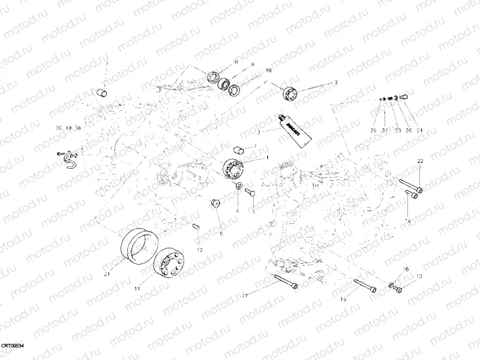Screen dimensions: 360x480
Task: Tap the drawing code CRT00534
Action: (13, 347)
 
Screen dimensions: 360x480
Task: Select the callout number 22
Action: (420, 160)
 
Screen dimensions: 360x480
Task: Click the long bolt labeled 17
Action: (284, 281)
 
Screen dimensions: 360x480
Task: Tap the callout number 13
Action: (419, 276)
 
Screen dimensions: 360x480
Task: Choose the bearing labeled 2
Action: (290, 93)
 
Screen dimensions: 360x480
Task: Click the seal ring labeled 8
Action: (213, 76)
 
